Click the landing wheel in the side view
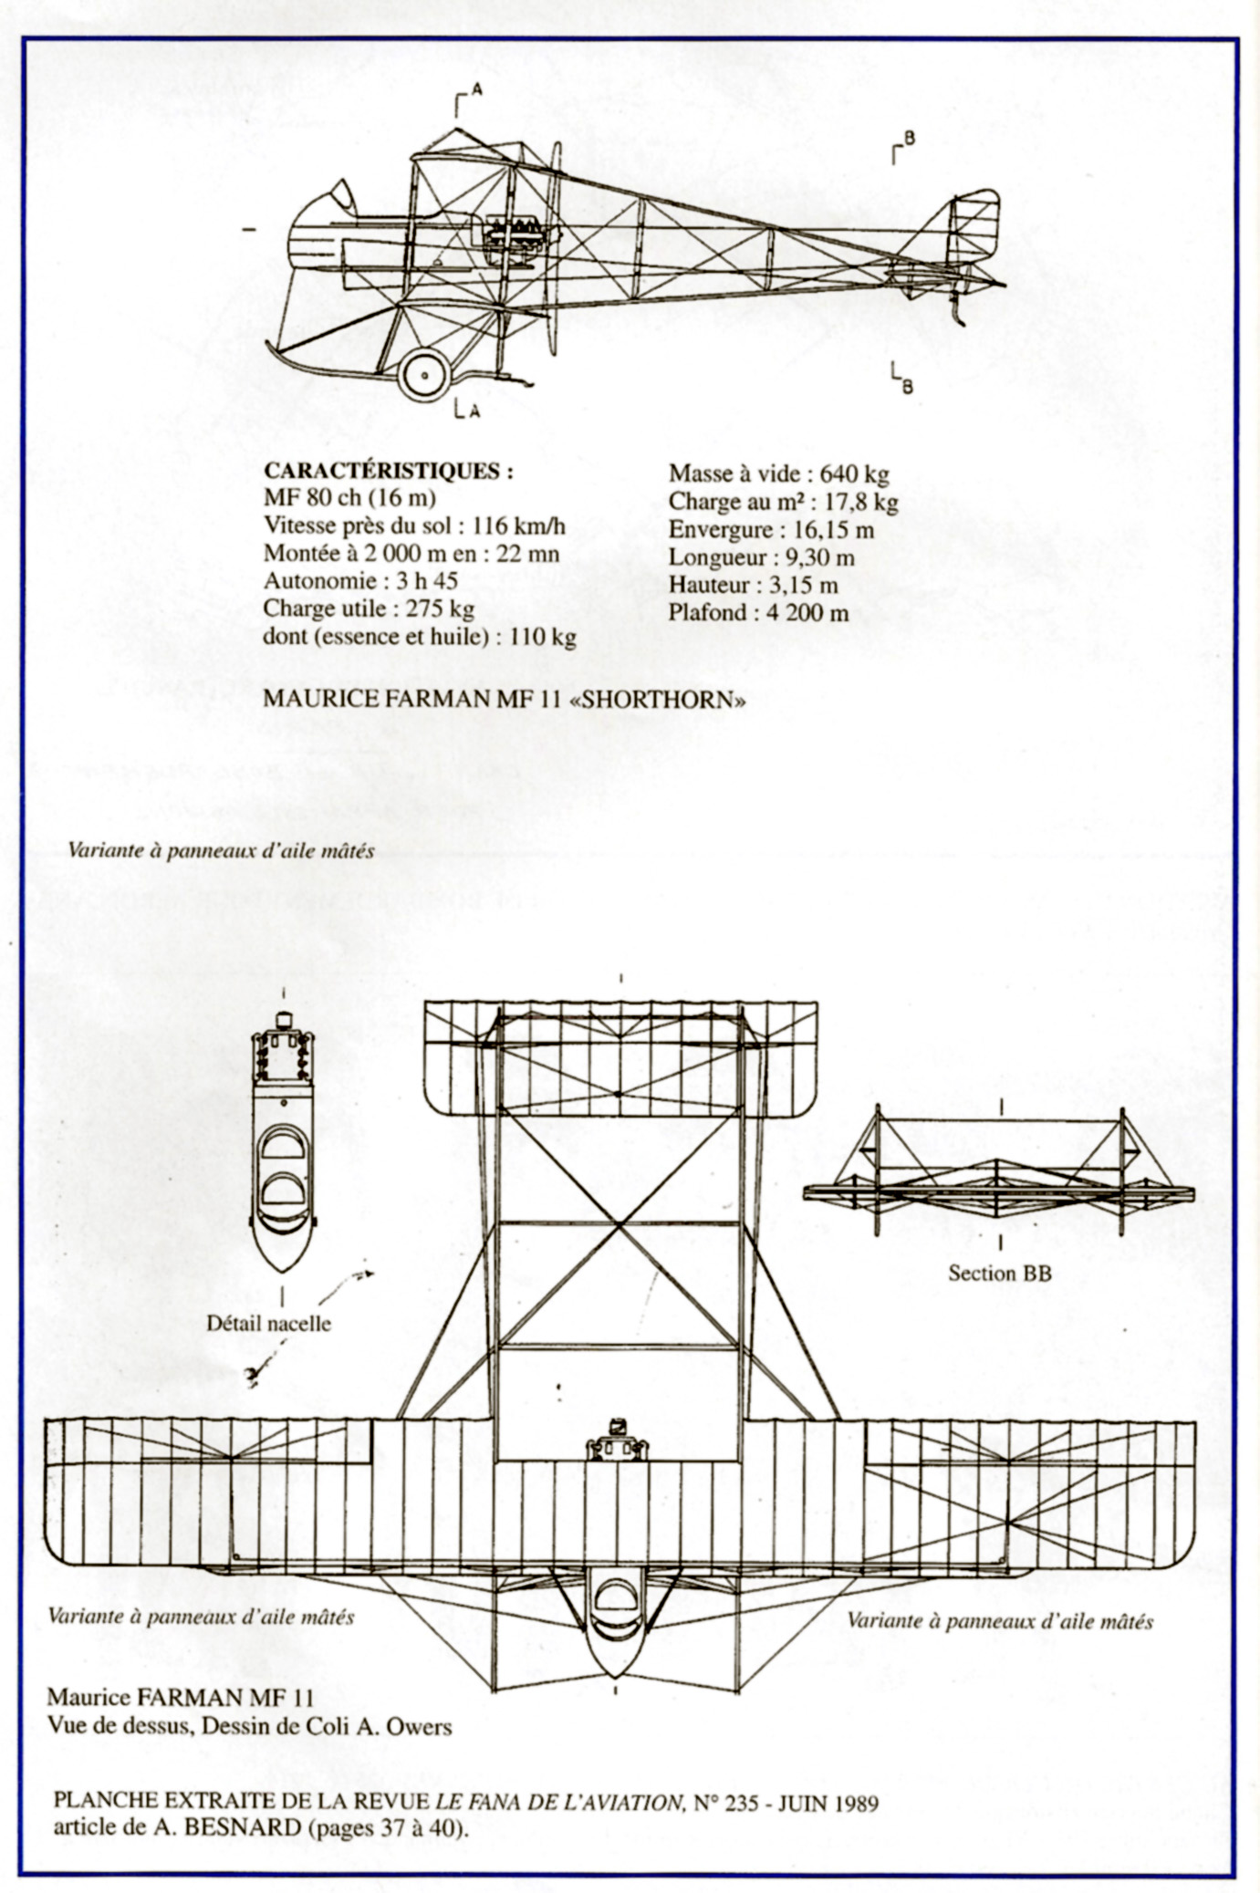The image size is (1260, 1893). [x=425, y=374]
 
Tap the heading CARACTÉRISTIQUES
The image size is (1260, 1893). [x=387, y=472]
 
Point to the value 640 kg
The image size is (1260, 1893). [x=854, y=473]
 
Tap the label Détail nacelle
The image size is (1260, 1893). [x=268, y=1324]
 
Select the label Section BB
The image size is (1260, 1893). [x=999, y=1273]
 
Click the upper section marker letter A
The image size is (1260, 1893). [x=476, y=89]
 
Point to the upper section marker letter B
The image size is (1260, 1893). [x=909, y=138]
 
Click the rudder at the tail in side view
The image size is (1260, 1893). [x=974, y=224]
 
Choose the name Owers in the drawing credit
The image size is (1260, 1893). [x=422, y=1727]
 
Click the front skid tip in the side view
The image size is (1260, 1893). [x=269, y=347]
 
